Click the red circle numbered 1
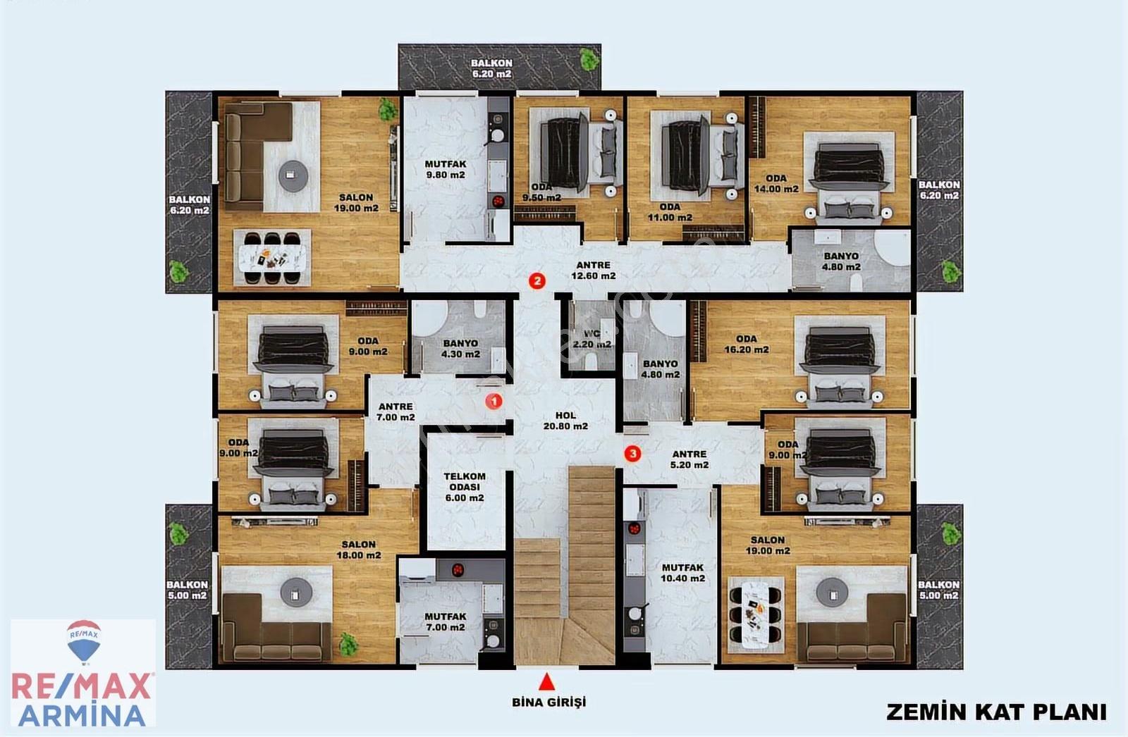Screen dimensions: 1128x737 click(x=494, y=401)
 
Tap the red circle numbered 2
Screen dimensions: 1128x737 click(x=537, y=280)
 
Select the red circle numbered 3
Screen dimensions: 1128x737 click(x=632, y=454)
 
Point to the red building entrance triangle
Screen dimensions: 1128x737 click(x=547, y=682)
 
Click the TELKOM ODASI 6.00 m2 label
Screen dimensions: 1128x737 click(x=465, y=487)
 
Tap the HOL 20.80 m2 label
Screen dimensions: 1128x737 click(x=565, y=421)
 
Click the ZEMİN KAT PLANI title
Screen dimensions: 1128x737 click(x=997, y=712)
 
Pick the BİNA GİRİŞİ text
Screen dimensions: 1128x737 click(x=549, y=702)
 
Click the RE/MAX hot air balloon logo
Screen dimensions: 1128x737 click(x=84, y=641)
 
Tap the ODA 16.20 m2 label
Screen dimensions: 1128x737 click(x=747, y=344)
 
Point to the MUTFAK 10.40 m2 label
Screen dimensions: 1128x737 click(x=682, y=573)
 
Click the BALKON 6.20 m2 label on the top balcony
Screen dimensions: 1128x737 click(x=491, y=68)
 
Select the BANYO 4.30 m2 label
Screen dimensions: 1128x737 click(x=461, y=348)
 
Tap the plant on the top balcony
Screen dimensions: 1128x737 click(x=589, y=59)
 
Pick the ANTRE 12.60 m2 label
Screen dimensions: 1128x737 click(x=593, y=271)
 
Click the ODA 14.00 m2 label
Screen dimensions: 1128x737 click(x=776, y=184)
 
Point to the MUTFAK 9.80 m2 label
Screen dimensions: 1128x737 click(x=445, y=169)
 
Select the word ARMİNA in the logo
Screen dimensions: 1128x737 click(x=82, y=715)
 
